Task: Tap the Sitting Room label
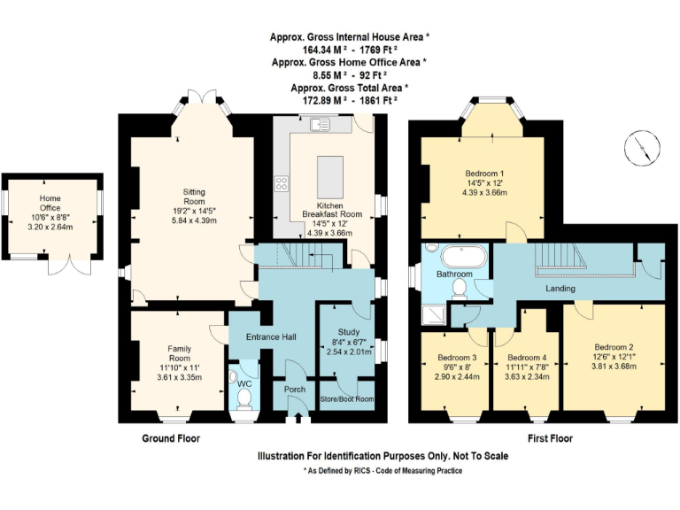click(194, 196)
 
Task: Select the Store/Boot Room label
click(346, 399)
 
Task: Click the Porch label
click(294, 389)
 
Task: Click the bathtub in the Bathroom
click(463, 258)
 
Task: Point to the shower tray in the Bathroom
click(436, 311)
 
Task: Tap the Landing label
click(559, 288)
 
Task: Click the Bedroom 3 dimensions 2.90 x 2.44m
click(457, 376)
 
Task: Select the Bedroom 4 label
click(526, 358)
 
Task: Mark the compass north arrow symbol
click(645, 147)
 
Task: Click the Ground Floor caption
click(171, 438)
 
